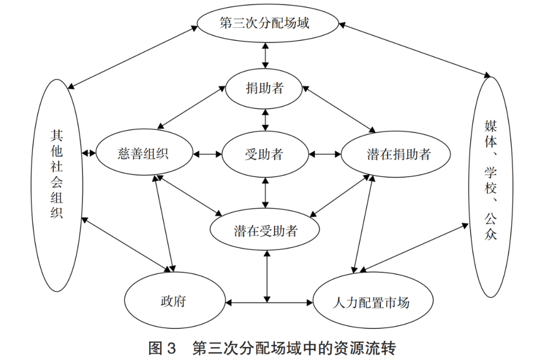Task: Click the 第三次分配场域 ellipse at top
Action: coord(265,24)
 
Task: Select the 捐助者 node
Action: coord(265,89)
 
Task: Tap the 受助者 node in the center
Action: coord(265,154)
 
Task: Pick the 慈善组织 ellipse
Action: coord(144,154)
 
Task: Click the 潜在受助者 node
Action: coord(265,231)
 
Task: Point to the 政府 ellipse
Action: coord(174,302)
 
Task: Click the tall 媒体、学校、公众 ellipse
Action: coord(490,186)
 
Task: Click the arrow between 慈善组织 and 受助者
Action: coord(207,154)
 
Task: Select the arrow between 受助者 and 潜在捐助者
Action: coord(325,154)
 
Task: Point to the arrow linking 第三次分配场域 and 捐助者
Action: coord(265,55)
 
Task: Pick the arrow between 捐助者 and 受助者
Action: coord(265,121)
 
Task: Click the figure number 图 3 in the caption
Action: coord(162,348)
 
